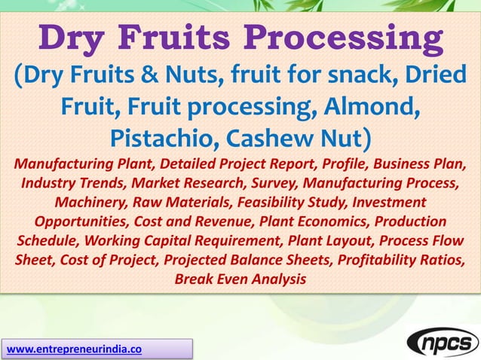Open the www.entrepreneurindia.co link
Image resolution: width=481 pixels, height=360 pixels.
click(x=74, y=349)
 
